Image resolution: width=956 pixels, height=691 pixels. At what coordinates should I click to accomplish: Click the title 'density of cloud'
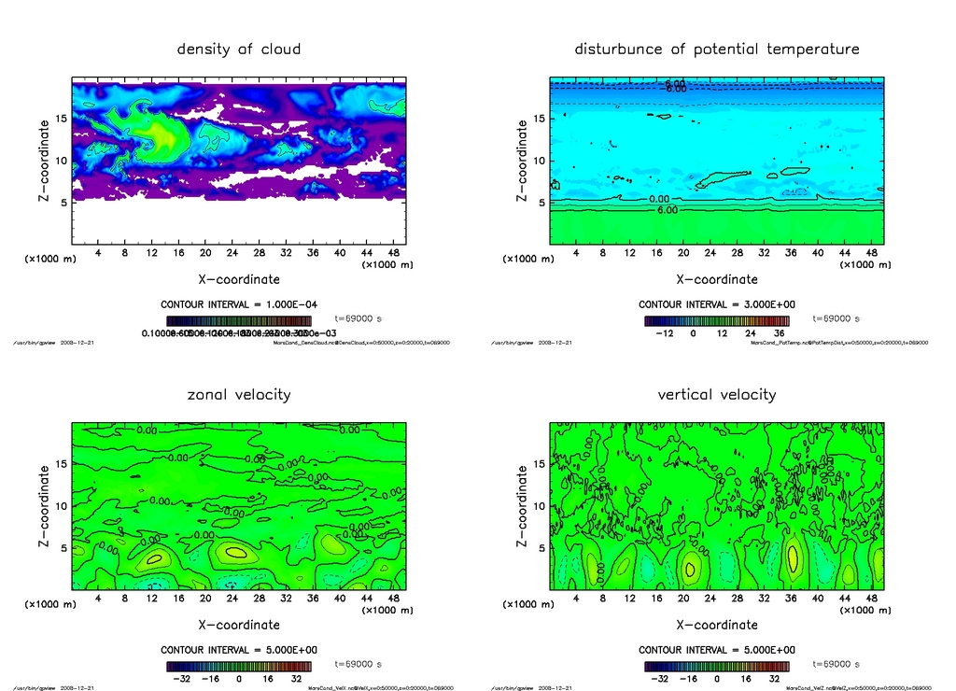(239, 49)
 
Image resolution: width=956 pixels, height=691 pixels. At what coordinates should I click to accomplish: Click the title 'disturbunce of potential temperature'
(717, 49)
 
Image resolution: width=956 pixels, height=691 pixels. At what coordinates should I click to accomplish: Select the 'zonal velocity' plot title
(239, 394)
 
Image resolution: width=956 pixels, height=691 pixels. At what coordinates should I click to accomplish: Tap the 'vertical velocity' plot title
(717, 394)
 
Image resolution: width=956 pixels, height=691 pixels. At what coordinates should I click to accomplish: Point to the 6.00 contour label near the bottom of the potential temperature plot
(668, 210)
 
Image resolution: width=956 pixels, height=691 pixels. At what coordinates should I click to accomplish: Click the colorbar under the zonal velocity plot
(239, 667)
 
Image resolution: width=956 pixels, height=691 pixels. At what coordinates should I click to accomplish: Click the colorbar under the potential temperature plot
(717, 320)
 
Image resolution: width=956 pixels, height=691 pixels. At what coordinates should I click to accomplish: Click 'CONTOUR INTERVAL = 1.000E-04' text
(239, 304)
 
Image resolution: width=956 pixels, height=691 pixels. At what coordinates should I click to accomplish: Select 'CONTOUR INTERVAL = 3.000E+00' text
(717, 304)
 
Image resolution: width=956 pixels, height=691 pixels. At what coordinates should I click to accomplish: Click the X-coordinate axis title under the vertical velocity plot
(717, 625)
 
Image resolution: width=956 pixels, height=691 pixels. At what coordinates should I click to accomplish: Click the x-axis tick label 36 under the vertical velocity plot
(793, 599)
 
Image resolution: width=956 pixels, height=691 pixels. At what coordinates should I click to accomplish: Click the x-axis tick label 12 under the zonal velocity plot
(151, 599)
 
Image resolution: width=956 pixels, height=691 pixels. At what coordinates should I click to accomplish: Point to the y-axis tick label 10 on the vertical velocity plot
(539, 506)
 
